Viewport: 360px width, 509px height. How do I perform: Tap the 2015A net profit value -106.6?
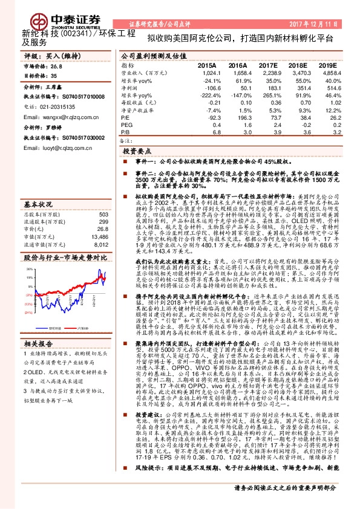tap(208, 88)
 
